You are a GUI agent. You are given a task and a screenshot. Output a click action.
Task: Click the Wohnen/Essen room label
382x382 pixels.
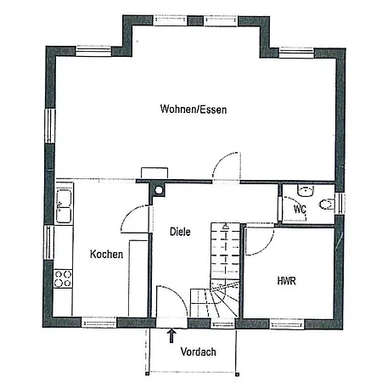[194, 110]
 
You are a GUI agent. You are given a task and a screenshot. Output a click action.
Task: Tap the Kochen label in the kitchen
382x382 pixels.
[106, 254]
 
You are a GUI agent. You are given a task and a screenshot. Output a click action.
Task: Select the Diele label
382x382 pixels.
[180, 232]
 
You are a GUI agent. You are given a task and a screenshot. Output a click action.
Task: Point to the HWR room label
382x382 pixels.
[286, 281]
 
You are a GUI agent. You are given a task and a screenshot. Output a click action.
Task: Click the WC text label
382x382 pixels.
[300, 210]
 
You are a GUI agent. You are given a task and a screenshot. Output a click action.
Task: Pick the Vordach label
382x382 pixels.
[198, 351]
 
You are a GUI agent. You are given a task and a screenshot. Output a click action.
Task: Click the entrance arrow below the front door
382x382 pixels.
[171, 335]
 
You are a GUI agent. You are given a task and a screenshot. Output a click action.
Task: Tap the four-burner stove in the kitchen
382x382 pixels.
[63, 278]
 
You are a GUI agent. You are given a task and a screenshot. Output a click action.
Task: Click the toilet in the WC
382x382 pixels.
[327, 205]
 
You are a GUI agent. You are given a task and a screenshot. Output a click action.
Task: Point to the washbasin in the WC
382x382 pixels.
[306, 191]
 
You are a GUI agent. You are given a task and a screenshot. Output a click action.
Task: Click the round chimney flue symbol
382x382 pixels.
[159, 190]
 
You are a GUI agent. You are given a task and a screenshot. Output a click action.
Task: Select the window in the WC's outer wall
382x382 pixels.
[340, 204]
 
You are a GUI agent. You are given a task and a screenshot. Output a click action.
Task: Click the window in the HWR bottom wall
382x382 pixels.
[287, 324]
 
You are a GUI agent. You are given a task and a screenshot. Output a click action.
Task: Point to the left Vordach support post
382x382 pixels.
[147, 374]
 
